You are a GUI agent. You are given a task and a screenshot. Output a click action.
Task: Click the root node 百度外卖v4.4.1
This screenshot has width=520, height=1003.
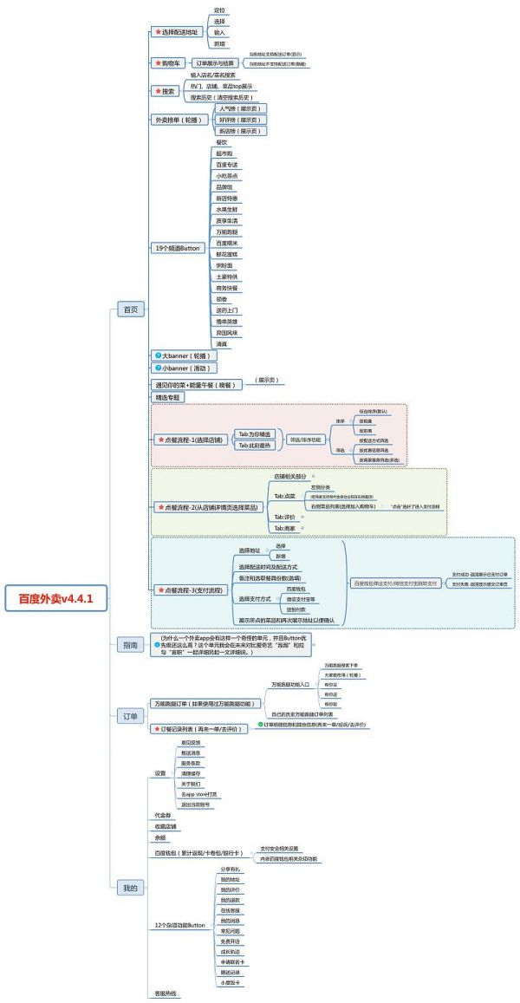coord(55,598)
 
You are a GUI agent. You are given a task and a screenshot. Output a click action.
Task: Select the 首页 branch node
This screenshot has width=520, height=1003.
coord(130,309)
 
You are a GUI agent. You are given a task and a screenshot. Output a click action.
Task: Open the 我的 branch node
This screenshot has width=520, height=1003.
coord(130,888)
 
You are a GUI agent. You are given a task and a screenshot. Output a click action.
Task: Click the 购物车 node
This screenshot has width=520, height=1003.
coord(166,63)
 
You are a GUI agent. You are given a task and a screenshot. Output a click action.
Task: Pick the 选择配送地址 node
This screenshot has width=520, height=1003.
coord(181,32)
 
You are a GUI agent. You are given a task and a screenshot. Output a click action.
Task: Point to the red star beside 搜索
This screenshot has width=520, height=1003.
coord(157,91)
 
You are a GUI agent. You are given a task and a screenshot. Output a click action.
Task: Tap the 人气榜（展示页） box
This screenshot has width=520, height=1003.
coord(243,109)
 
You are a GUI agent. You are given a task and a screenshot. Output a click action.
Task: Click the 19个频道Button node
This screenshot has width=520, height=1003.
coord(177,248)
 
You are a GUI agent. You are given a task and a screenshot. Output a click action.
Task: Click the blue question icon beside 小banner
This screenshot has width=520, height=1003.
coord(157,368)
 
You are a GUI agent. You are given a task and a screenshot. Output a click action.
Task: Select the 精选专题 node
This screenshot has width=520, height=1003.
coord(168,397)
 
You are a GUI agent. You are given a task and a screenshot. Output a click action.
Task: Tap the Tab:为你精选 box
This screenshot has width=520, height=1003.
coord(255,433)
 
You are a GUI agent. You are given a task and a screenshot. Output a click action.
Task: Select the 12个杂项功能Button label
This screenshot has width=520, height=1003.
coord(179,925)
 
